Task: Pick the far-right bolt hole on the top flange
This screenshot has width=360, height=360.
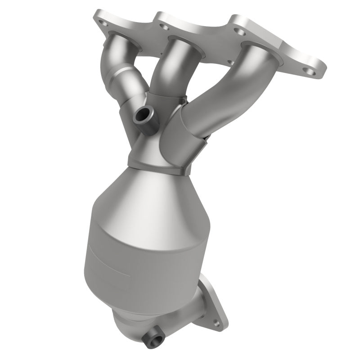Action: pyautogui.click(x=309, y=71)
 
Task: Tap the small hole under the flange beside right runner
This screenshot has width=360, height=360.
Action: pyautogui.click(x=230, y=63)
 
